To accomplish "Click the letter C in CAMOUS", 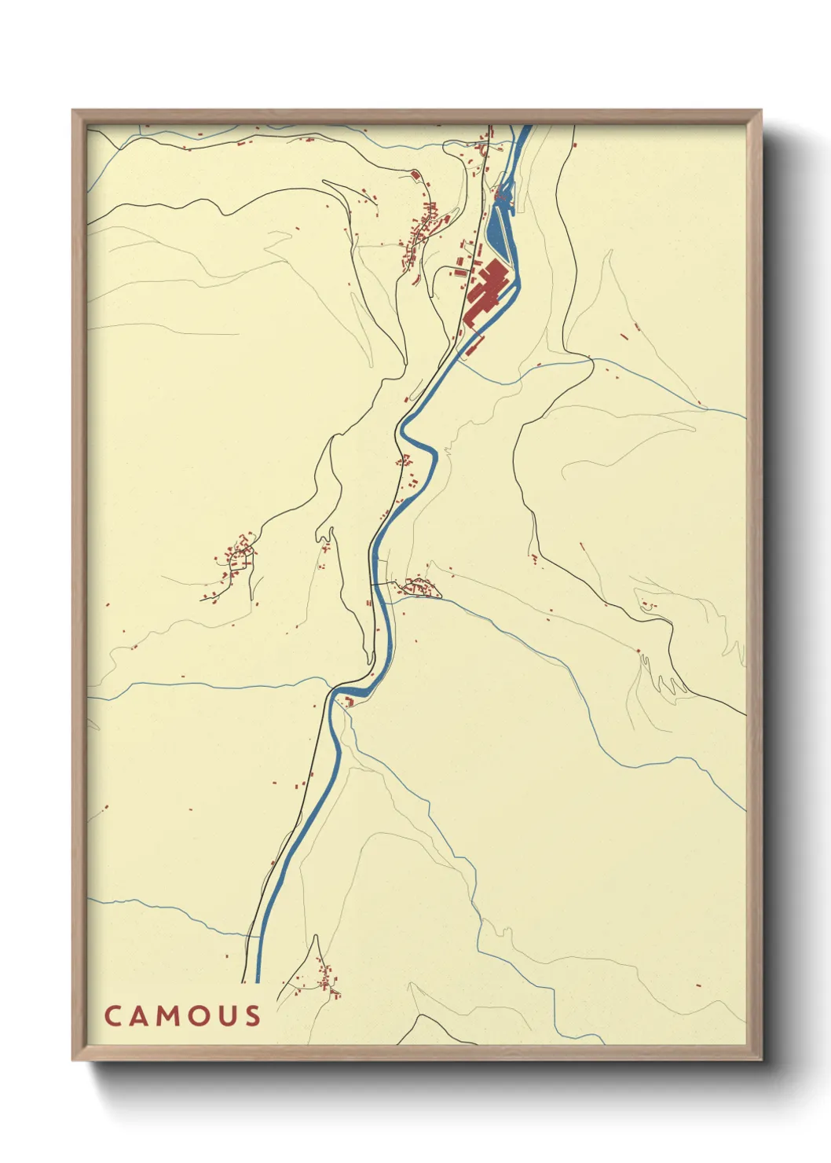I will (x=112, y=1015).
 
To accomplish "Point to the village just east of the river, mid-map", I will (x=417, y=586).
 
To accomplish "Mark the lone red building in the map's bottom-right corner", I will (x=697, y=985).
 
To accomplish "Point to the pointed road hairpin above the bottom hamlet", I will (x=316, y=937).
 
